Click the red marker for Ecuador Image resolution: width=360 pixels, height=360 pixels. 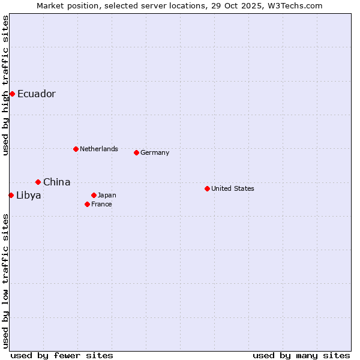pos(12,94)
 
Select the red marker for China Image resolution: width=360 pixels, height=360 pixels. pos(38,182)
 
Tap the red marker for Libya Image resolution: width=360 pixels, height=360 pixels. pos(11,195)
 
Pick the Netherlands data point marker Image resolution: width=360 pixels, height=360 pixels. pos(76,149)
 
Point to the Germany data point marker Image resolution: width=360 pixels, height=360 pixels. pos(136,152)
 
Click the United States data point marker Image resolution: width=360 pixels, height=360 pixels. pos(207,188)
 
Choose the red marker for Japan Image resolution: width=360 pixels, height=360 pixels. pos(94,195)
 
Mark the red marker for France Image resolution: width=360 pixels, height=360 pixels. pos(87,204)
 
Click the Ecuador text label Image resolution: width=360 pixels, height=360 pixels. pos(37,94)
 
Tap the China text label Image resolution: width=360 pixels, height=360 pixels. pos(57,182)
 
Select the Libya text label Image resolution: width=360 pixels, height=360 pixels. pos(29,195)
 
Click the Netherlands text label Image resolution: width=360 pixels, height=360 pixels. pos(99,149)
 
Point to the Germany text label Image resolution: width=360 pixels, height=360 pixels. pos(155,152)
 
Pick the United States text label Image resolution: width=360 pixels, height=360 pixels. pos(233,188)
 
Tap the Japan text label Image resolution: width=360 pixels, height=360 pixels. pos(107,195)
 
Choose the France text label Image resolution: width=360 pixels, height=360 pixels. pos(101,204)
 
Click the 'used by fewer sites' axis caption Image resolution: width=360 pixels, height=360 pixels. pos(62,355)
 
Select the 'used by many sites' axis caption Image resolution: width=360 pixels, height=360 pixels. pos(301,355)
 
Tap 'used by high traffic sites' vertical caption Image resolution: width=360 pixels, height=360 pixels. pos(5,85)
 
